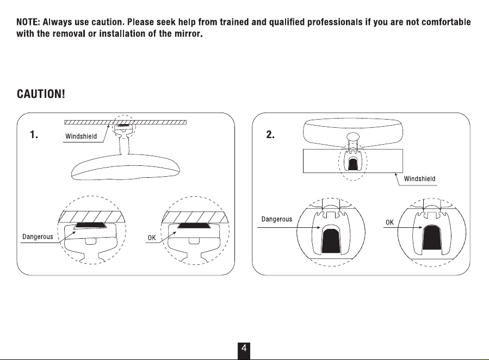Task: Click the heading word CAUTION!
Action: coord(41,94)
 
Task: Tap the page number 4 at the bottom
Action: coord(244,348)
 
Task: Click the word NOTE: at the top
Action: coord(28,22)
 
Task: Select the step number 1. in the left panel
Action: coord(34,135)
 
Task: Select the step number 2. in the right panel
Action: coord(270,135)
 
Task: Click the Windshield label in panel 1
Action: coord(81,136)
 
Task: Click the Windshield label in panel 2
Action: coord(419,178)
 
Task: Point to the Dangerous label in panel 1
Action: coord(38,237)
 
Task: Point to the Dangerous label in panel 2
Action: coord(277,219)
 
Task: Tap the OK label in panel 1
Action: coord(152,238)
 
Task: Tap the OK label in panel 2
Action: coord(389,222)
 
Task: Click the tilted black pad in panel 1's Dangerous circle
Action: coord(91,225)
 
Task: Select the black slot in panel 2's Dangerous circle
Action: coord(331,240)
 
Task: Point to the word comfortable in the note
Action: coord(446,22)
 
